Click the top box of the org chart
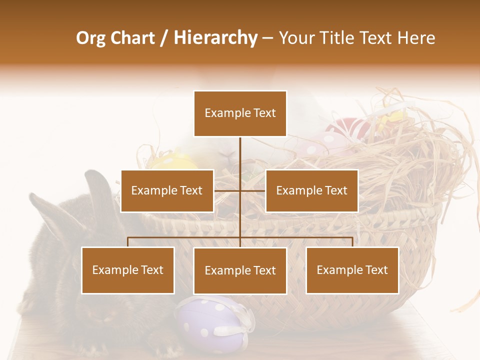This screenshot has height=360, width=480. (x=240, y=113)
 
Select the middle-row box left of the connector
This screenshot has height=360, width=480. (x=167, y=190)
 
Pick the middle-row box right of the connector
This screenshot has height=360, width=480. (x=311, y=190)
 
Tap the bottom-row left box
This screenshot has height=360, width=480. (x=128, y=270)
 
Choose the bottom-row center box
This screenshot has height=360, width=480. (x=240, y=270)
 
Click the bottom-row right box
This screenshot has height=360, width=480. (x=352, y=270)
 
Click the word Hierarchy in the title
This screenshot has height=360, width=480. (x=215, y=38)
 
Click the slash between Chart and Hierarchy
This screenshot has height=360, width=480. (x=164, y=38)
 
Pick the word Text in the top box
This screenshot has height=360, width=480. (x=263, y=113)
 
